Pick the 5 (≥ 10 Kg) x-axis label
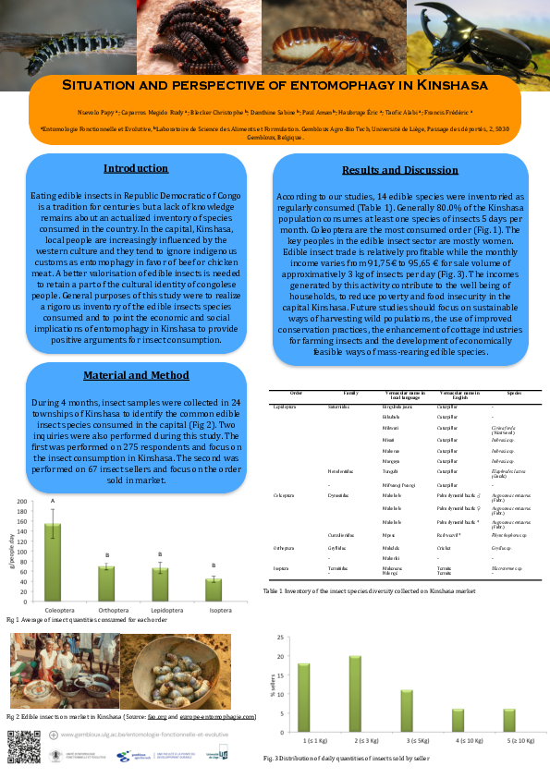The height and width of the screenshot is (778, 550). click(507, 741)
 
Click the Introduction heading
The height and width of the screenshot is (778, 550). click(136, 168)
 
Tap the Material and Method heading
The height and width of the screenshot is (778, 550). click(136, 375)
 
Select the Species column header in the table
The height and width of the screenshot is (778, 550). click(514, 394)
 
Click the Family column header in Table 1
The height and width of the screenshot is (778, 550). click(350, 394)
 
